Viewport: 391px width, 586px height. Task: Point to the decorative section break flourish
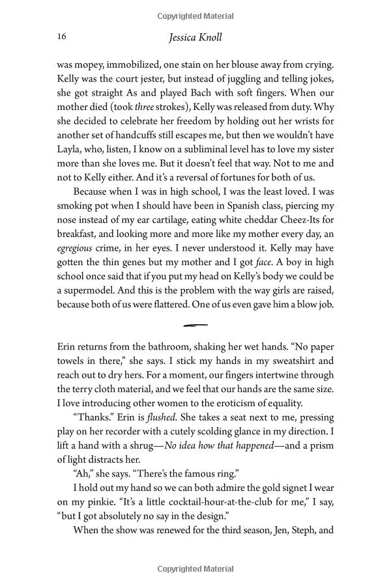[195, 324]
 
